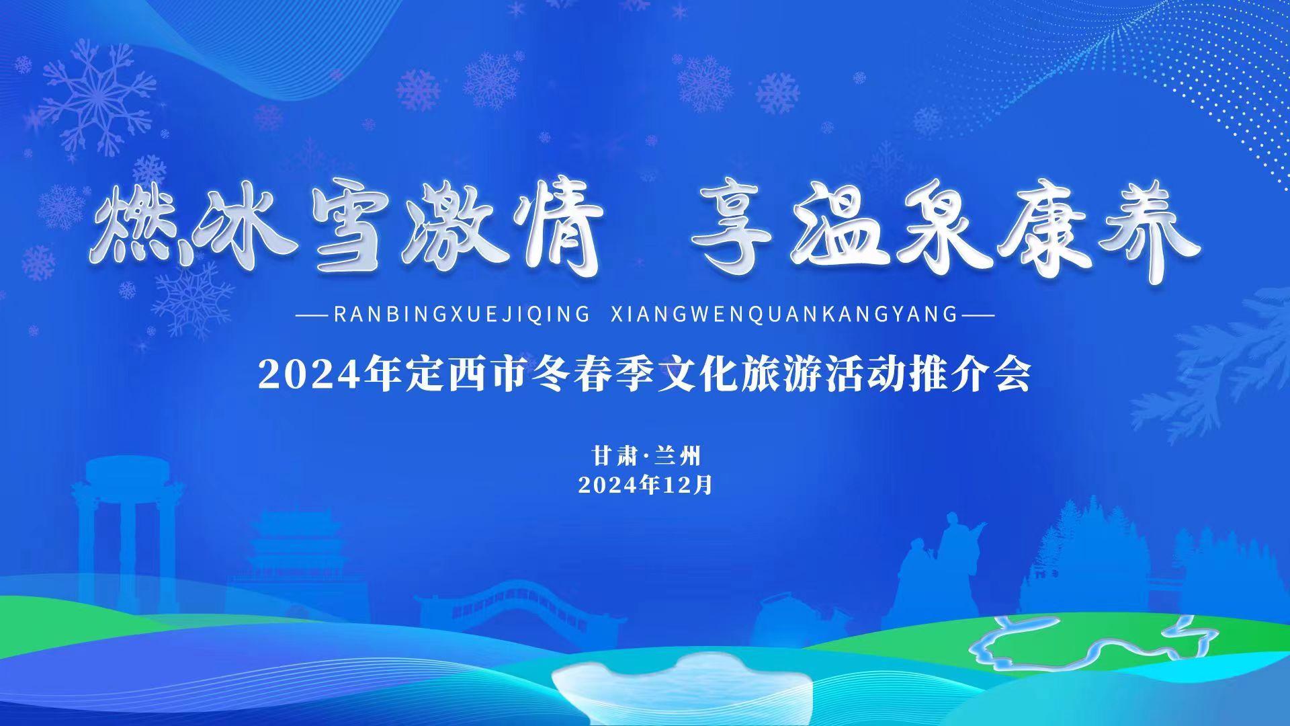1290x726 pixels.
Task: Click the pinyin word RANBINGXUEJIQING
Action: (x=461, y=315)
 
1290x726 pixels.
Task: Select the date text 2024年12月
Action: (x=645, y=485)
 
